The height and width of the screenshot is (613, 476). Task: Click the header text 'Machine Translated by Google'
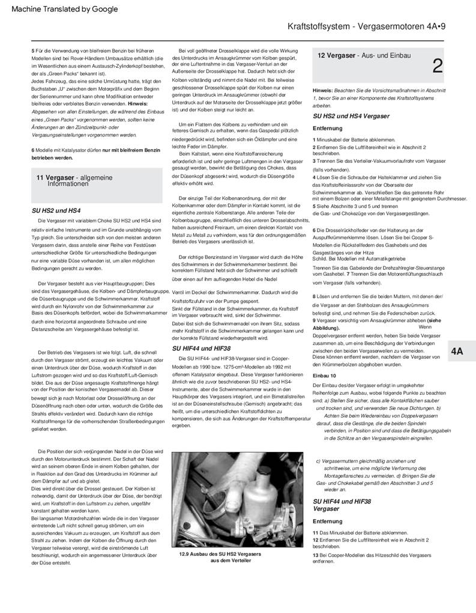pyautogui.click(x=65, y=9)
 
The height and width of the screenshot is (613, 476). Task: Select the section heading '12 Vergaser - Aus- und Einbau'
pyautogui.click(x=364, y=55)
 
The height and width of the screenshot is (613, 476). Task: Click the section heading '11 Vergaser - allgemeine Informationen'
pyautogui.click(x=74, y=181)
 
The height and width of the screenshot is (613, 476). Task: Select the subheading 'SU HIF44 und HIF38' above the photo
pyautogui.click(x=202, y=348)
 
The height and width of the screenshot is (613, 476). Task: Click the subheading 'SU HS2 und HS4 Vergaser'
pyautogui.click(x=351, y=116)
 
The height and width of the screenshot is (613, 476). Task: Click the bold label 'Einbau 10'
pyautogui.click(x=325, y=375)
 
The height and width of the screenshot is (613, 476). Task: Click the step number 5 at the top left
pyautogui.click(x=33, y=52)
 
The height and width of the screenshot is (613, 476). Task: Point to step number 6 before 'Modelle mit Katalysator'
pyautogui.click(x=33, y=150)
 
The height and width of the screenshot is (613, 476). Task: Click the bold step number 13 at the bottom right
pyautogui.click(x=316, y=555)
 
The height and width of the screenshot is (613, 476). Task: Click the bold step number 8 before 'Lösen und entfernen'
pyautogui.click(x=315, y=297)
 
